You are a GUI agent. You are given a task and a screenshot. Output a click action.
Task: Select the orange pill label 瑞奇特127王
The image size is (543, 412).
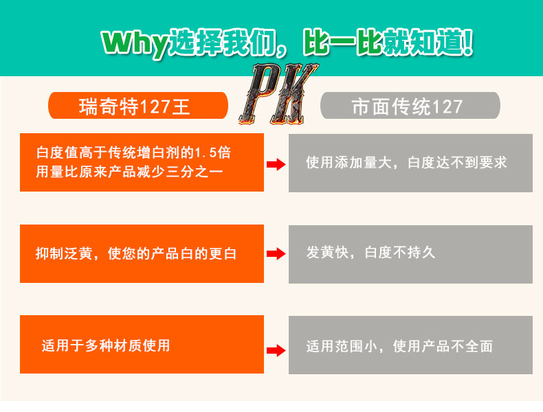point(137,107)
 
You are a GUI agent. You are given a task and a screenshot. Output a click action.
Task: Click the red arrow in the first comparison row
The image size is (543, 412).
point(276,163)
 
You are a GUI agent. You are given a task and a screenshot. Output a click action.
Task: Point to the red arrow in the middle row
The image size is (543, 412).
point(276,254)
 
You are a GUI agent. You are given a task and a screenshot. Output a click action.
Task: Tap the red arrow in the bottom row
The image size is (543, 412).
point(276,350)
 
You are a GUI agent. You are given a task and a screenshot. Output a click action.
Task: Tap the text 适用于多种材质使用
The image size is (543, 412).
point(105,345)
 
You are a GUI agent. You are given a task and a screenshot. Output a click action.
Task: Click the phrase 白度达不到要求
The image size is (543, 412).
point(457,163)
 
